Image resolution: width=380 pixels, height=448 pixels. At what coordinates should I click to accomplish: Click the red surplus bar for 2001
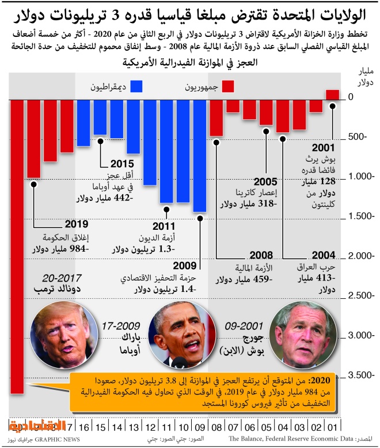(x=333, y=94)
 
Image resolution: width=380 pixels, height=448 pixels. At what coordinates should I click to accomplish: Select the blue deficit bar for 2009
(x=200, y=155)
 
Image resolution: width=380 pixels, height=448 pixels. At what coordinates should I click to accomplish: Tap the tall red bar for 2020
(x=17, y=242)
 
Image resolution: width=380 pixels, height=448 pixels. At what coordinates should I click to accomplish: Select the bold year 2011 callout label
(x=163, y=227)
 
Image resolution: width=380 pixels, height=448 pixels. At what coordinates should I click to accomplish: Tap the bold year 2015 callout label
(x=121, y=164)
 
